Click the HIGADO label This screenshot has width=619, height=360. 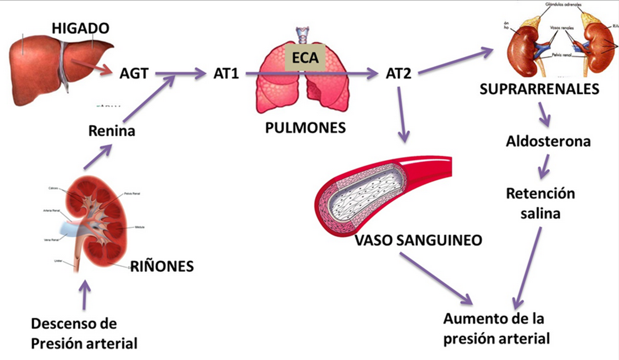click(x=81, y=28)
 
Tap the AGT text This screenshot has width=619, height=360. click(x=134, y=73)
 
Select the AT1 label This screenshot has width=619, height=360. click(x=226, y=73)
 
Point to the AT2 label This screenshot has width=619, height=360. click(x=398, y=73)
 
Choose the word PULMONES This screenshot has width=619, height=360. click(x=305, y=128)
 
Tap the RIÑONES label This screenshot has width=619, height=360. click(x=162, y=266)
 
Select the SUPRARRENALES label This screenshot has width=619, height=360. click(x=539, y=89)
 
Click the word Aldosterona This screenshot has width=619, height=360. click(x=548, y=141)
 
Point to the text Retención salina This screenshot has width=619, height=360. click(x=541, y=203)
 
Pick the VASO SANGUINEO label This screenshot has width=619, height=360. click(x=419, y=240)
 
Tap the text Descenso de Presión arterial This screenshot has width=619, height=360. click(x=84, y=334)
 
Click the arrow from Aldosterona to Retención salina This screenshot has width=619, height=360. click(x=544, y=166)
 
